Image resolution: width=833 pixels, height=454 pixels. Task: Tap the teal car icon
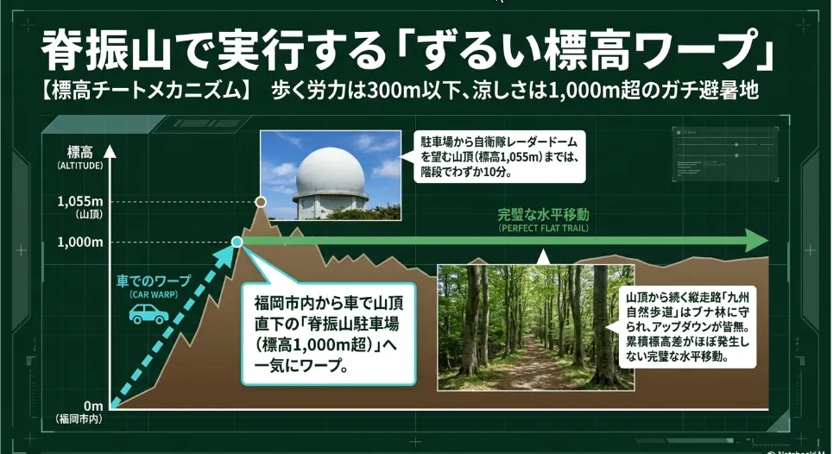pyautogui.click(x=148, y=314)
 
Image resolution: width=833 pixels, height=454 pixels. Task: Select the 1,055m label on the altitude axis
pyautogui.click(x=80, y=201)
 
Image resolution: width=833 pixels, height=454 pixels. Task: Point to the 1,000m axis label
pyautogui.click(x=80, y=243)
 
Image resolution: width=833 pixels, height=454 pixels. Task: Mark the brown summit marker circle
pyautogui.click(x=261, y=202)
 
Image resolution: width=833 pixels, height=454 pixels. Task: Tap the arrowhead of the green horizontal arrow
pyautogui.click(x=756, y=241)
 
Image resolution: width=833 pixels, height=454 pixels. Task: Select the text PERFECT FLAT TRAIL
pyautogui.click(x=544, y=229)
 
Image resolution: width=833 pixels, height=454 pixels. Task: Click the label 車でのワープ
pyautogui.click(x=154, y=281)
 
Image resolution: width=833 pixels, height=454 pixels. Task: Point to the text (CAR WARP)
pyautogui.click(x=154, y=294)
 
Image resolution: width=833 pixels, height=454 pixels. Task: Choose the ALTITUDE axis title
pyautogui.click(x=79, y=166)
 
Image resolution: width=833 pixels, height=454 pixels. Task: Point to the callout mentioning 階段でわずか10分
pyautogui.click(x=500, y=156)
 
